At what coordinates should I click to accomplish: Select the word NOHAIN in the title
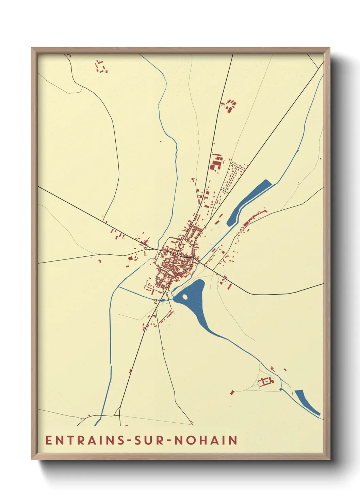206,440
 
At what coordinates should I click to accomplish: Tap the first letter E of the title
48,440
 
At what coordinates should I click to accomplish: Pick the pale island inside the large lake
185,297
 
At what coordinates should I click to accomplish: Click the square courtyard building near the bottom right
265,382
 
